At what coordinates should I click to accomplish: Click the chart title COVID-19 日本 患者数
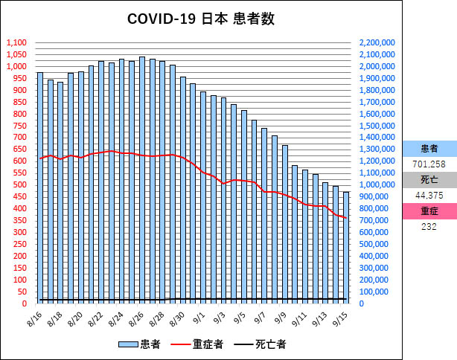(x=200, y=19)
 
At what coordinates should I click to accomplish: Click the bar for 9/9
(x=285, y=224)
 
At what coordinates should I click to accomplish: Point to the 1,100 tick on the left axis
(x=16, y=43)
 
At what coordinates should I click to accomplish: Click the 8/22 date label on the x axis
(x=95, y=318)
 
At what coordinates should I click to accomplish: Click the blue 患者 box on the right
(x=429, y=148)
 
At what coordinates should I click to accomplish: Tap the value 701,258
(x=429, y=164)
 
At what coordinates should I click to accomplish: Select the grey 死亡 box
(x=429, y=179)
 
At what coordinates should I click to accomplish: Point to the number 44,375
(x=429, y=195)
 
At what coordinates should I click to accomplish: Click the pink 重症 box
(x=429, y=211)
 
